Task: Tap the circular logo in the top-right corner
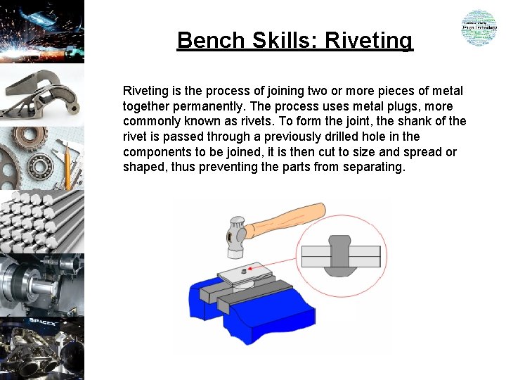[479, 28]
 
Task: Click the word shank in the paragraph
[405, 121]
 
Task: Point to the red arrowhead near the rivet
[253, 269]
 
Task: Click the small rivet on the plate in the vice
[243, 271]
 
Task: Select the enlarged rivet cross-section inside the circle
[340, 255]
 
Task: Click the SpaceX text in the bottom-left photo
[41, 322]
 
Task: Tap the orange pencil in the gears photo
[67, 165]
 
